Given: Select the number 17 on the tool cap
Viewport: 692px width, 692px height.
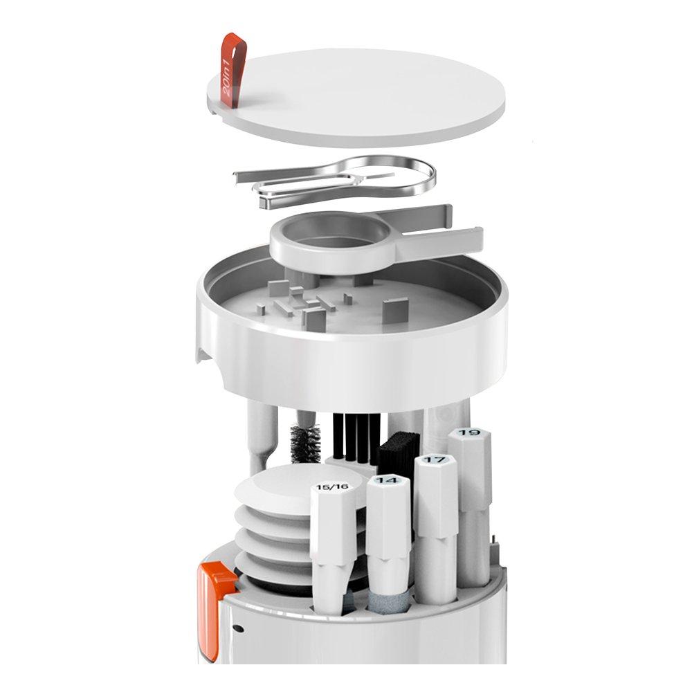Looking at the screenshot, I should (x=435, y=459).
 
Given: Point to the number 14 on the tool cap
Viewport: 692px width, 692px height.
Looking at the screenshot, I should (x=388, y=480).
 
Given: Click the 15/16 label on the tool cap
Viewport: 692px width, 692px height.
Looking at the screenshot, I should (x=333, y=487).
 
